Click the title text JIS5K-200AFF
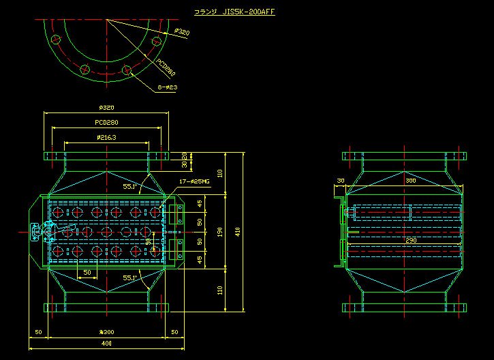pyautogui.click(x=234, y=12)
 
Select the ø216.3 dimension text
pyautogui.click(x=106, y=138)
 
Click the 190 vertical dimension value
pyautogui.click(x=219, y=232)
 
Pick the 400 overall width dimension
pyautogui.click(x=106, y=343)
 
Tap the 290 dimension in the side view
pyautogui.click(x=410, y=240)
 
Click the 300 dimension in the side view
pyautogui.click(x=410, y=181)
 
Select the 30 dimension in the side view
pyautogui.click(x=340, y=181)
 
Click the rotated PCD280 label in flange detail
pyautogui.click(x=166, y=67)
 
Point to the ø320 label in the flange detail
pyautogui.click(x=181, y=31)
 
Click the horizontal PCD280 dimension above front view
pyautogui.click(x=106, y=123)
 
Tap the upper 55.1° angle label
pyautogui.click(x=129, y=185)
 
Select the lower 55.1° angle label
pyautogui.click(x=129, y=277)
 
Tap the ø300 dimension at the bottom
pyautogui.click(x=106, y=332)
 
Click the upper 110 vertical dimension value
pyautogui.click(x=219, y=172)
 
